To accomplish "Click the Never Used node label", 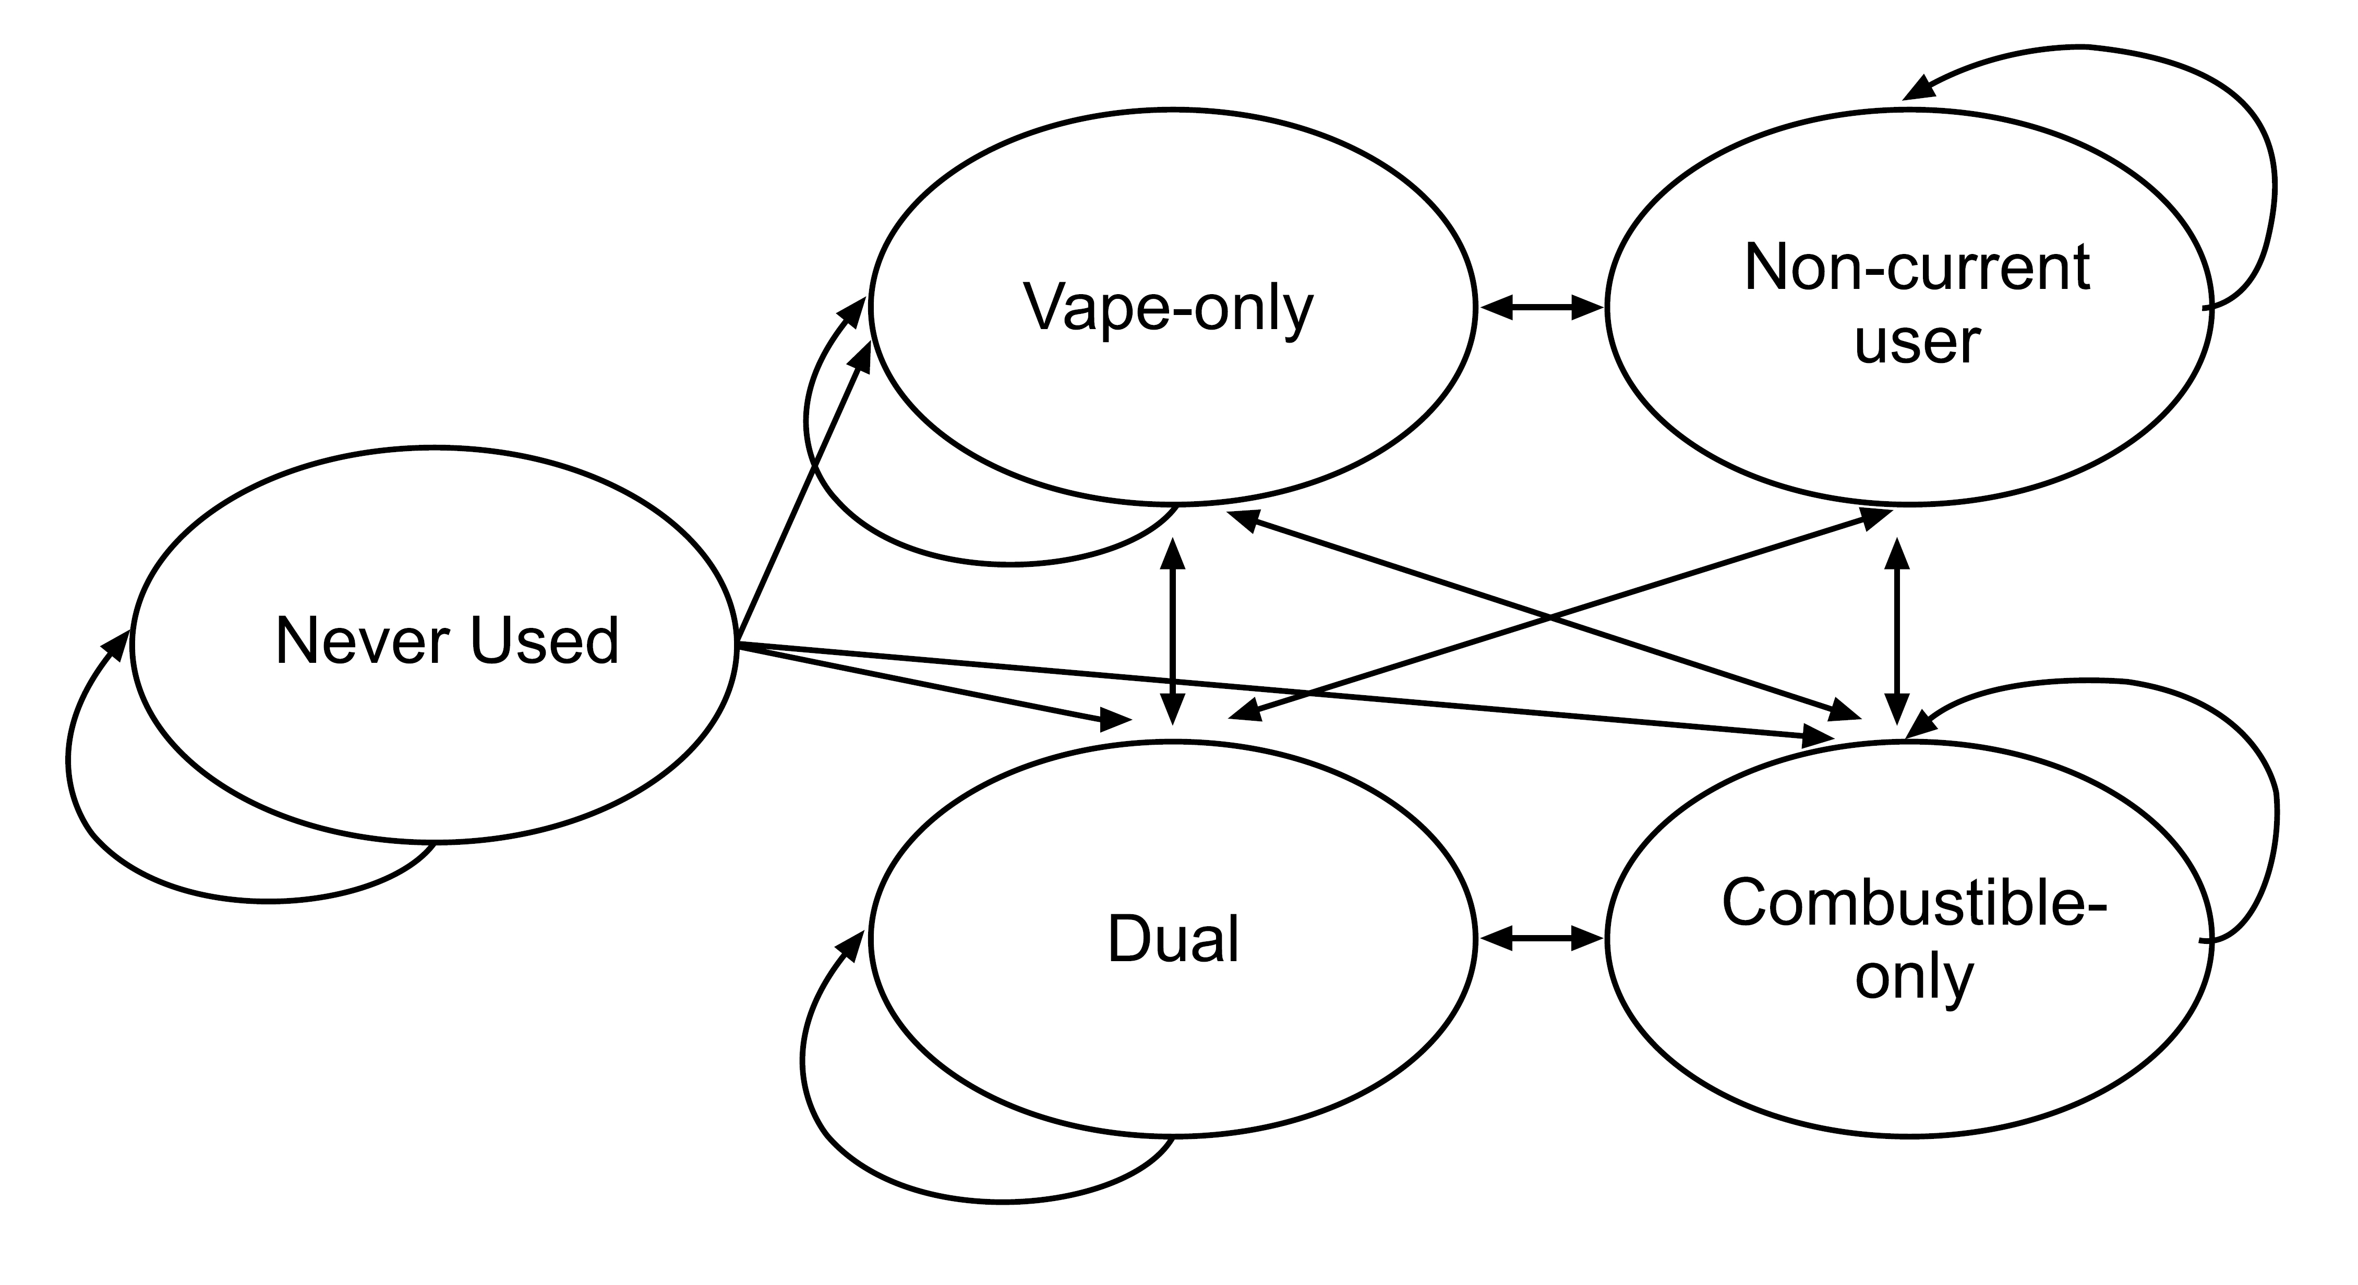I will coord(447,640).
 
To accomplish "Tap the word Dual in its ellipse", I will coord(1173,939).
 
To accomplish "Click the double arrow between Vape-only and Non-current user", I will coord(1542,308).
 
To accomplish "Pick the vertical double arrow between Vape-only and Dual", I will coord(1173,632).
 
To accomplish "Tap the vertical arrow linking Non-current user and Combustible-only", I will coord(1897,632).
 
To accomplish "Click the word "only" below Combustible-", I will coord(1914,977).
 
